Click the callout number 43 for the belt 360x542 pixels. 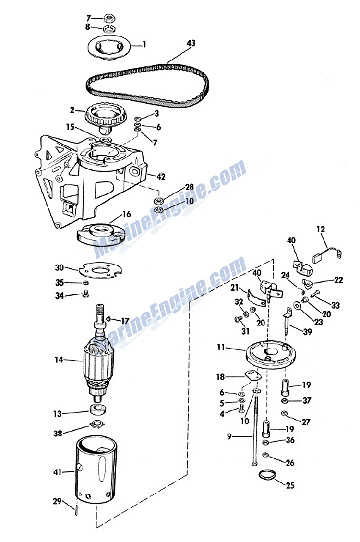coord(191,43)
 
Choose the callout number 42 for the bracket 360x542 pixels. coord(161,177)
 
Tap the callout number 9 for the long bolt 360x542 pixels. coord(229,437)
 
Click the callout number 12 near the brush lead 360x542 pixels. coord(321,230)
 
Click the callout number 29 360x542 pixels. coord(57,501)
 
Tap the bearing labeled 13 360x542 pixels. coord(98,411)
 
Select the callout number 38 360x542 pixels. coord(58,433)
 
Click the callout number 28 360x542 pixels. coord(189,187)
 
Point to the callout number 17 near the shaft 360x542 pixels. coord(125,321)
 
